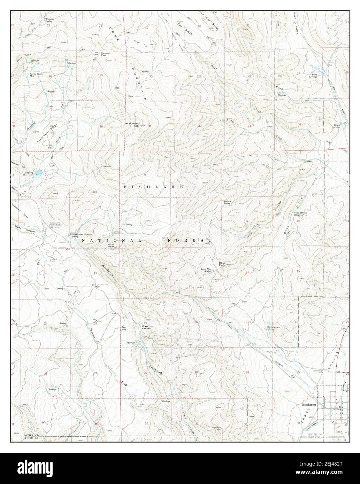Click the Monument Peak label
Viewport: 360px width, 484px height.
132,124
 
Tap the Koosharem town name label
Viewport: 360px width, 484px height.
308,405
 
